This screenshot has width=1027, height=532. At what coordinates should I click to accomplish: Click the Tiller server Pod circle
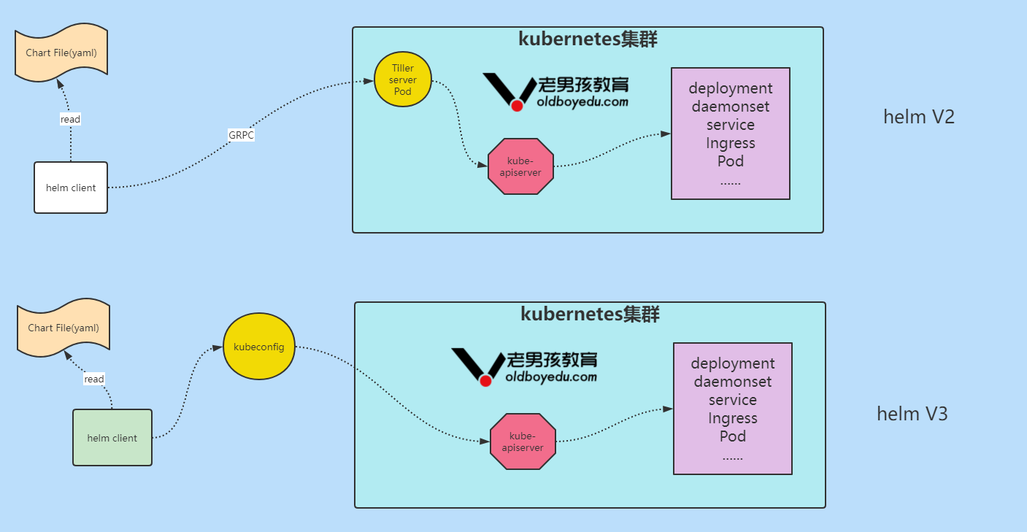[x=403, y=80]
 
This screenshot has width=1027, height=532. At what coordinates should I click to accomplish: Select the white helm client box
[x=71, y=188]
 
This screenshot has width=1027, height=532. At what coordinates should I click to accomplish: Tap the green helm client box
[x=112, y=438]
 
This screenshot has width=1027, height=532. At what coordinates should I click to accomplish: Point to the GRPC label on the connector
[x=242, y=135]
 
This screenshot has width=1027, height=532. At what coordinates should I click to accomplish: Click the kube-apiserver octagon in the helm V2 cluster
[x=520, y=166]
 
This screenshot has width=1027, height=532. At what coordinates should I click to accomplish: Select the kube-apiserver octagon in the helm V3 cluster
[x=523, y=442]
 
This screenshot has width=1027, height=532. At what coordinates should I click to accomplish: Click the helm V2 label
[x=919, y=117]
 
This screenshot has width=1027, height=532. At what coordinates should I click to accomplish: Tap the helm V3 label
[x=912, y=414]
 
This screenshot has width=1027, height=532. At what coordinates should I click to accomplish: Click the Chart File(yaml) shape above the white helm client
[x=61, y=53]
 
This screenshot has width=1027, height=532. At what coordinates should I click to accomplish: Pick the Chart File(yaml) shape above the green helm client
[x=64, y=328]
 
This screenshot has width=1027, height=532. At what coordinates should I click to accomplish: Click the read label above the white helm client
[x=70, y=119]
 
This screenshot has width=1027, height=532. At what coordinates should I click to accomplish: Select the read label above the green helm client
[x=94, y=379]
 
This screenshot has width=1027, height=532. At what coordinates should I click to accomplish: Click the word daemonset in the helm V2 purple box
[x=731, y=107]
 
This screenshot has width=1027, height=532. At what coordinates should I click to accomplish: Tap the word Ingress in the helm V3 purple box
[x=733, y=418]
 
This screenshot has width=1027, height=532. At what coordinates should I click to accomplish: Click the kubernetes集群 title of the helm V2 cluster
[x=588, y=39]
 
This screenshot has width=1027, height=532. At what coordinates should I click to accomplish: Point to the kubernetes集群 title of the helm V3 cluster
[x=591, y=315]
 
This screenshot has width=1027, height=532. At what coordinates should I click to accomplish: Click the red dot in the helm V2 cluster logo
[x=517, y=106]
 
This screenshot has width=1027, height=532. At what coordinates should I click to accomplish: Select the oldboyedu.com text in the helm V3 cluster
[x=551, y=377]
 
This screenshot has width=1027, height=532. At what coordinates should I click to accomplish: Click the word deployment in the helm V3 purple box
[x=733, y=363]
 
